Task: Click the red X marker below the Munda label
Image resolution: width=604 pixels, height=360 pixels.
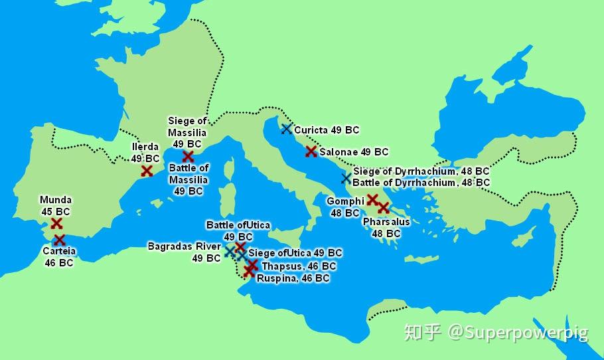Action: (56, 224)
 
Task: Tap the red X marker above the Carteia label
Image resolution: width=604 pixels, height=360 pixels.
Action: (59, 240)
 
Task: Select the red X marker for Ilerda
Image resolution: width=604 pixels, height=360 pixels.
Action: (147, 171)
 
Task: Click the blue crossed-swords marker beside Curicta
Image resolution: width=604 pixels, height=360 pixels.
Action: (286, 129)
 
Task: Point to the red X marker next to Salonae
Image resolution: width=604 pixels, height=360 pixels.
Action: (311, 151)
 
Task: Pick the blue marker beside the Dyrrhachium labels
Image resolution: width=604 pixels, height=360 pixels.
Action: (346, 177)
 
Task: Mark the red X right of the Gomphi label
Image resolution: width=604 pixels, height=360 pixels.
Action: (373, 199)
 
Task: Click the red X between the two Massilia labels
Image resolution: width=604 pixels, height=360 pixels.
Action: (188, 156)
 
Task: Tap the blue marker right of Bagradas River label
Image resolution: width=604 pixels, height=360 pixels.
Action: (230, 251)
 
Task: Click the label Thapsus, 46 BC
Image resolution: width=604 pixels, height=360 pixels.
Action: (299, 266)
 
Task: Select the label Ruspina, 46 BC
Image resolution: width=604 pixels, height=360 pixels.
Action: (293, 278)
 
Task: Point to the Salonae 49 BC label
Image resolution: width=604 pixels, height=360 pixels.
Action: (354, 152)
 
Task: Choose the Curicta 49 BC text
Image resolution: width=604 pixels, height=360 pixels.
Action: (327, 130)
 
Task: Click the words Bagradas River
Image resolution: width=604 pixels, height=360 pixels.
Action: (184, 246)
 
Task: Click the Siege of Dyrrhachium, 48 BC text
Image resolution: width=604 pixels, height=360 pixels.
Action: (421, 171)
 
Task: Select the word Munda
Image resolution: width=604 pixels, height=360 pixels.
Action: (56, 200)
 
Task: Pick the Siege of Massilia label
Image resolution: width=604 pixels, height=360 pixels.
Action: (187, 126)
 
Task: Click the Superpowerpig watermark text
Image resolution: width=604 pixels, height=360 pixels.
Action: (518, 331)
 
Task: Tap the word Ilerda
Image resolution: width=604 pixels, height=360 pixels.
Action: (145, 147)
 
